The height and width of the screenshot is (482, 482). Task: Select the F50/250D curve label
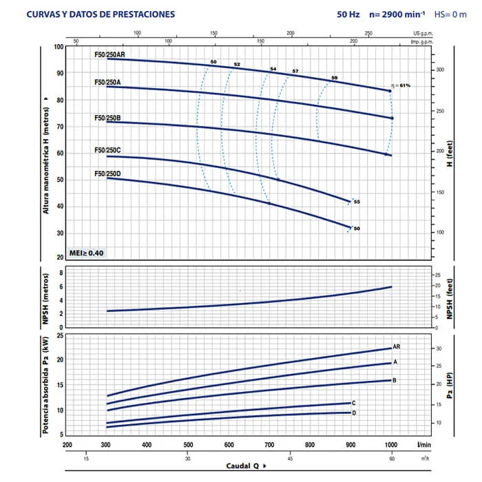107,174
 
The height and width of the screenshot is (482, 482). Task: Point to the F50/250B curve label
107,118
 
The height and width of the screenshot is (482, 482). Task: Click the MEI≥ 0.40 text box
87,253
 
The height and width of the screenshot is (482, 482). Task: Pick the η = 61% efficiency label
401,85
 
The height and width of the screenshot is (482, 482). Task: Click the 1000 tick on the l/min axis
392,445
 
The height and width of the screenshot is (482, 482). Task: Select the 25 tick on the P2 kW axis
60,335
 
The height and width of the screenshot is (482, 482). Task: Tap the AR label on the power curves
397,346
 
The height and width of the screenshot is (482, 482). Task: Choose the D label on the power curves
354,412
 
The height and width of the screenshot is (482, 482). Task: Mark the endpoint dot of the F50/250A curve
392,118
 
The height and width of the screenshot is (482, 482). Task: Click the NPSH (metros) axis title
46,301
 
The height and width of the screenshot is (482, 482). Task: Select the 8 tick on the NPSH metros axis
61,273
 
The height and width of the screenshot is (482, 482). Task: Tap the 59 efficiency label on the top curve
335,78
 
